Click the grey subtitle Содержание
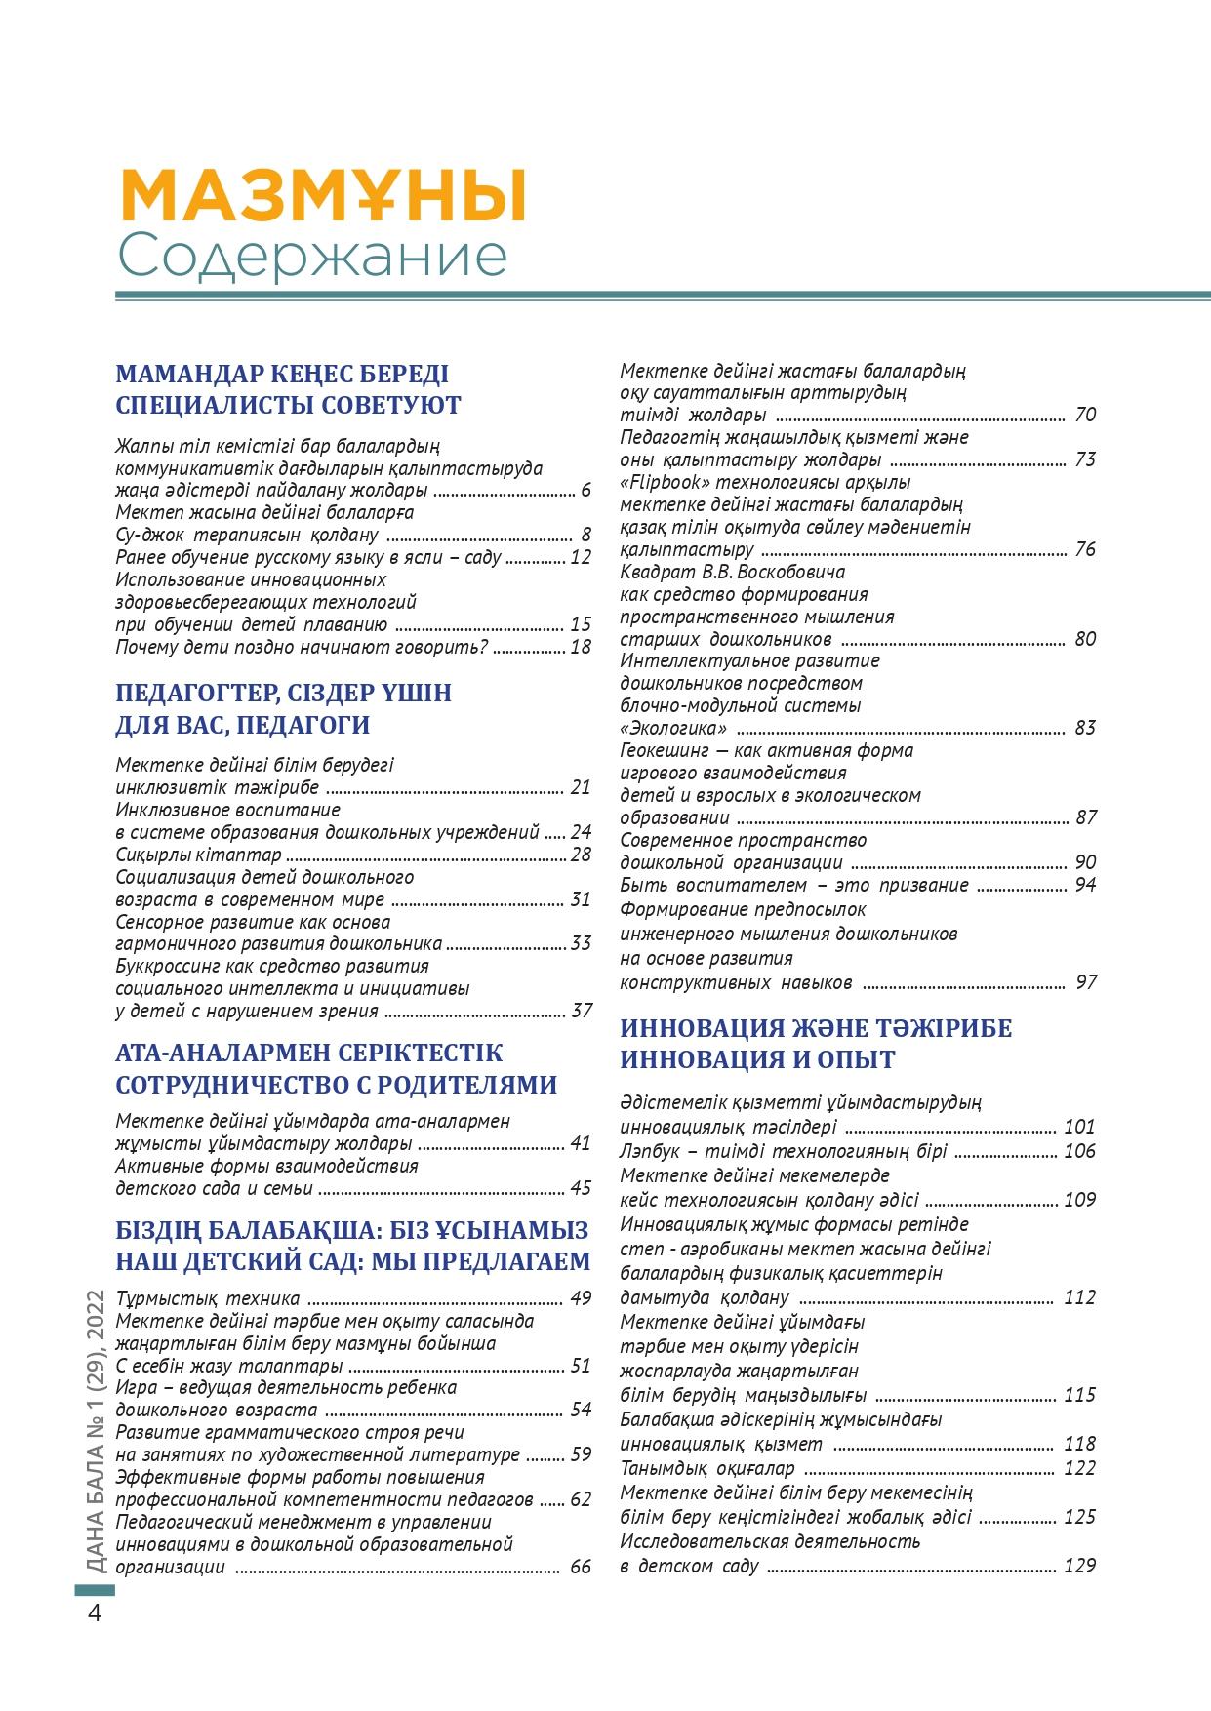[312, 257]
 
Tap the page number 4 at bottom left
[95, 1612]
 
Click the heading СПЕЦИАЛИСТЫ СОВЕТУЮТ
[288, 405]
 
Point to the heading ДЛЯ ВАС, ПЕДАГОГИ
[243, 725]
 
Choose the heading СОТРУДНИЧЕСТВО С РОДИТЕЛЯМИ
[337, 1085]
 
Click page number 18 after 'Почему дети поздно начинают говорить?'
[581, 647]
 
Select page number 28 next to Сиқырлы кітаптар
[581, 855]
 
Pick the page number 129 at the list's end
[1079, 1566]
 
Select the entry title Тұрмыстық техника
[208, 1298]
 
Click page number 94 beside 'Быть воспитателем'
[1084, 885]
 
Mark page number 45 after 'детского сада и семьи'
[581, 1188]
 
